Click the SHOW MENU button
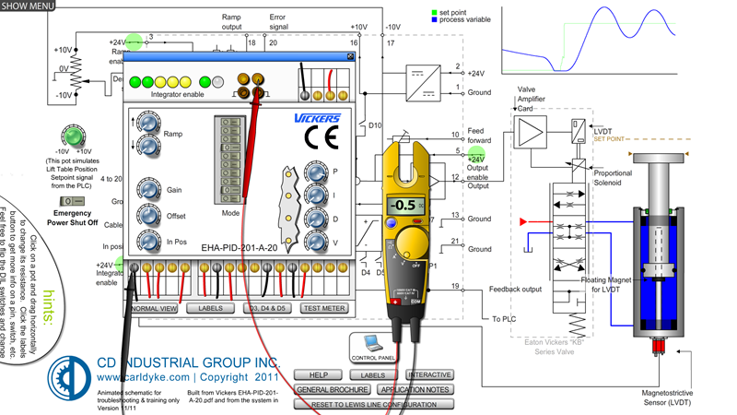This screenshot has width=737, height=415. (28, 6)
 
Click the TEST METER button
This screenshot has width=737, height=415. (323, 308)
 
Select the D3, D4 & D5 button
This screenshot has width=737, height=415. (267, 308)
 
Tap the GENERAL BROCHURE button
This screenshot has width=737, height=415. (332, 390)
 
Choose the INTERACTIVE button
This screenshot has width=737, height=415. (428, 375)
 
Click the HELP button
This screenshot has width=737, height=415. (318, 375)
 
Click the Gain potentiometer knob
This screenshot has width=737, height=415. (147, 190)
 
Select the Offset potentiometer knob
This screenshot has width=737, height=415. (147, 216)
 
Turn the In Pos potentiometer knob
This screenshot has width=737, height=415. (147, 242)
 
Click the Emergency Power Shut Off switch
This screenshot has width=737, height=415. (66, 201)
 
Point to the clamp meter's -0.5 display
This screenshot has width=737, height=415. (404, 205)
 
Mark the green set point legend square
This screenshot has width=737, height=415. (435, 12)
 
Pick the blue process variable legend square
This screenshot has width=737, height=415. (435, 19)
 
